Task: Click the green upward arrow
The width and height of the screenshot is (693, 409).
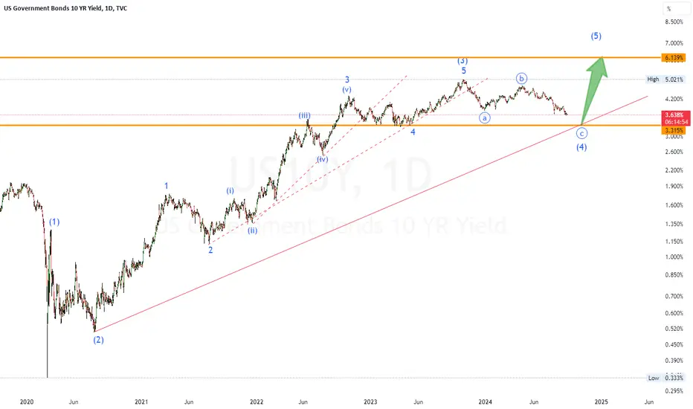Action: point(593,91)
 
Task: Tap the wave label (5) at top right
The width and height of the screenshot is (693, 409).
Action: point(596,36)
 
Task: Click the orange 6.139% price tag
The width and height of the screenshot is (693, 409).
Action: point(674,57)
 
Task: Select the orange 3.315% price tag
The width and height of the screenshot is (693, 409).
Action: point(674,130)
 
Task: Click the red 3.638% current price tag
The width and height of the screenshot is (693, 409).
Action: point(676,118)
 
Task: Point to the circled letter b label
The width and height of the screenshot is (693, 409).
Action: point(521,79)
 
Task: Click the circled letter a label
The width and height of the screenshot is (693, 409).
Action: point(485,117)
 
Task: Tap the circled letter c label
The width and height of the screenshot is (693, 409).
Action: point(581,133)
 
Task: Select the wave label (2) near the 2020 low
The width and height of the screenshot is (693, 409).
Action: point(98,340)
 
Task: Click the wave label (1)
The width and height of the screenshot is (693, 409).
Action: point(54,222)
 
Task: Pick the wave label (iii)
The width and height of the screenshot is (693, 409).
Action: point(304,116)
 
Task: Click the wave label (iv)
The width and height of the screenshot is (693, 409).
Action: point(322,159)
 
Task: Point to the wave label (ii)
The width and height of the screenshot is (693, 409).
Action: point(252,231)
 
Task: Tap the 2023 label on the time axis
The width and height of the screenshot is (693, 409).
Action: point(370,402)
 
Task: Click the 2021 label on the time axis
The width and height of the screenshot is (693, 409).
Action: point(141,402)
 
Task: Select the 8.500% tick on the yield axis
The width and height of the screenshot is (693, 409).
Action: point(674,22)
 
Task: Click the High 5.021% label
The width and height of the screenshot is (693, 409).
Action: point(665,80)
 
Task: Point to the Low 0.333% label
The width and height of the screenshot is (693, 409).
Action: point(665,378)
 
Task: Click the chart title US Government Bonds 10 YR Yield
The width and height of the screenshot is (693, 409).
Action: point(52,8)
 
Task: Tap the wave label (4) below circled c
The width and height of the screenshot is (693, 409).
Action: point(581,146)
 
